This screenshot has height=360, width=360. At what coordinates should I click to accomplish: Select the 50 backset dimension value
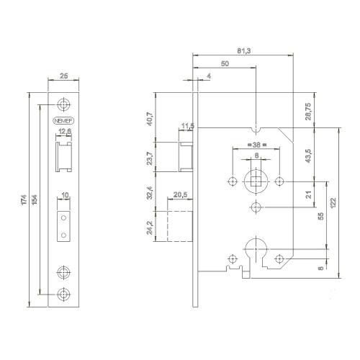225,64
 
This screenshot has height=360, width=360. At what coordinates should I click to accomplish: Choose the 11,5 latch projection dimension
189,127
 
